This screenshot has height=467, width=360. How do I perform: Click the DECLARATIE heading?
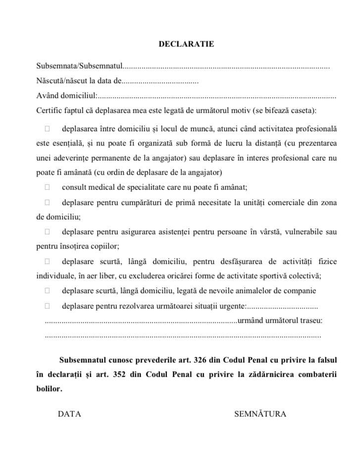186,44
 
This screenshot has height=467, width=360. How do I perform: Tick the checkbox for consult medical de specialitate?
47,187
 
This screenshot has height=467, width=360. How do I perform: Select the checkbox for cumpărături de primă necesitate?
47,202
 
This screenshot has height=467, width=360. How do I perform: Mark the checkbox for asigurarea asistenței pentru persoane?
47,232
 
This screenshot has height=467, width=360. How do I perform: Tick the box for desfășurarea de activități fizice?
47,261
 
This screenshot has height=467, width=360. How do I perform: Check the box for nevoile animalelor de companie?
47,291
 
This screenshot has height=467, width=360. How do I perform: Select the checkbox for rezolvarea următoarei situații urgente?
47,306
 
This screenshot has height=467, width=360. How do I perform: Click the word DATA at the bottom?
69,414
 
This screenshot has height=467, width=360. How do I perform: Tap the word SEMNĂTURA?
260,414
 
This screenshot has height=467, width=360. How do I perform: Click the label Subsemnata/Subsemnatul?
79,66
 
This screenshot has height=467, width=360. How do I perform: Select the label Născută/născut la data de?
79,81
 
